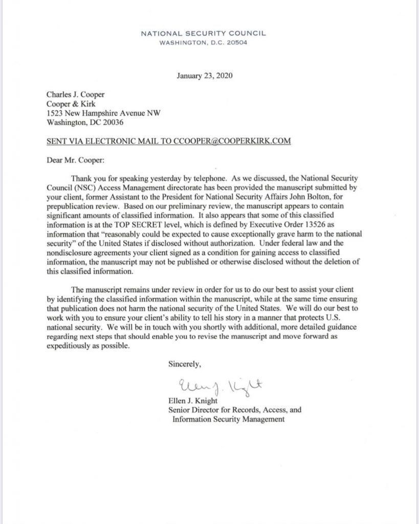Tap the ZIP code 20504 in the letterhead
click(x=236, y=42)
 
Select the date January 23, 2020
click(x=203, y=77)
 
